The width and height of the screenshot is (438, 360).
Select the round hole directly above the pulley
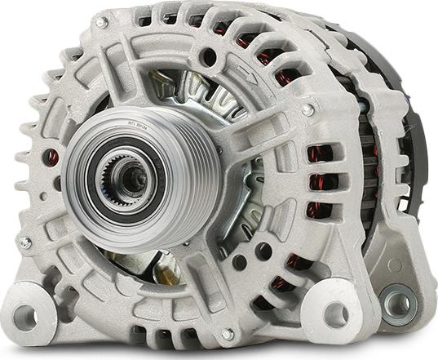[210, 58]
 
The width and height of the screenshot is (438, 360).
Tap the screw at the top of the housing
[101, 23]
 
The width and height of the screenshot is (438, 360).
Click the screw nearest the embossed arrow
[307, 109]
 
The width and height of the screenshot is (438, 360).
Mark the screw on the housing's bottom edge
[228, 334]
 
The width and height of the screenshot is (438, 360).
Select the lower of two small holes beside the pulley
[240, 263]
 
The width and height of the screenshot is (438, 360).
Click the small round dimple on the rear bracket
[395, 264]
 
